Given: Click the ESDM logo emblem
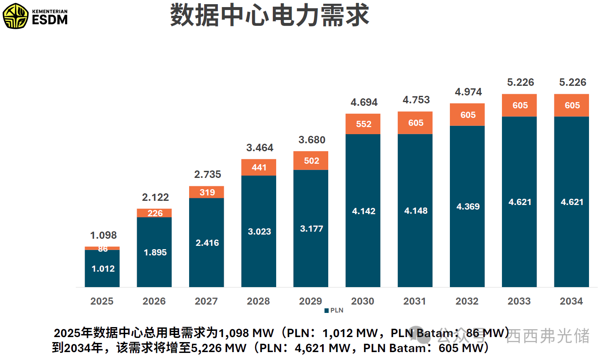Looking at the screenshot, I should click(x=15, y=16).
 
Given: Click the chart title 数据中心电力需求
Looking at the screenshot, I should click(x=270, y=15).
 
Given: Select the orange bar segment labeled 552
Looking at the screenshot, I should click(x=363, y=124).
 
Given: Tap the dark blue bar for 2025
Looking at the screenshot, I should click(x=102, y=269).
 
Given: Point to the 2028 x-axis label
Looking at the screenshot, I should click(x=258, y=301).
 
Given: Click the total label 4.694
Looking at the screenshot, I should click(x=364, y=102).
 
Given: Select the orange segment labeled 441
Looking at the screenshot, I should click(x=259, y=167).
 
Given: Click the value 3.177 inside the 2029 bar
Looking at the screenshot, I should click(x=311, y=229).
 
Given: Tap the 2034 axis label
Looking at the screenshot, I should click(x=571, y=301).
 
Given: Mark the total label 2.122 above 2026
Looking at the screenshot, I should click(x=155, y=197).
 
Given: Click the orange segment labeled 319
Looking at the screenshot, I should click(x=207, y=192).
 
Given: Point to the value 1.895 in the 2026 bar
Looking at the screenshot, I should click(x=155, y=252).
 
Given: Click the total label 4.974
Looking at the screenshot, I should click(x=468, y=92).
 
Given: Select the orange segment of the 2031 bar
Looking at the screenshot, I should click(x=415, y=123).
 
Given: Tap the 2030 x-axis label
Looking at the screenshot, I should click(x=362, y=301).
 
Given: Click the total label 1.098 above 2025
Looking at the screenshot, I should click(x=103, y=235).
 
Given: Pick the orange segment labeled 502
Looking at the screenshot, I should click(x=311, y=161).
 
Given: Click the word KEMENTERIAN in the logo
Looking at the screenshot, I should click(x=50, y=12).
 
